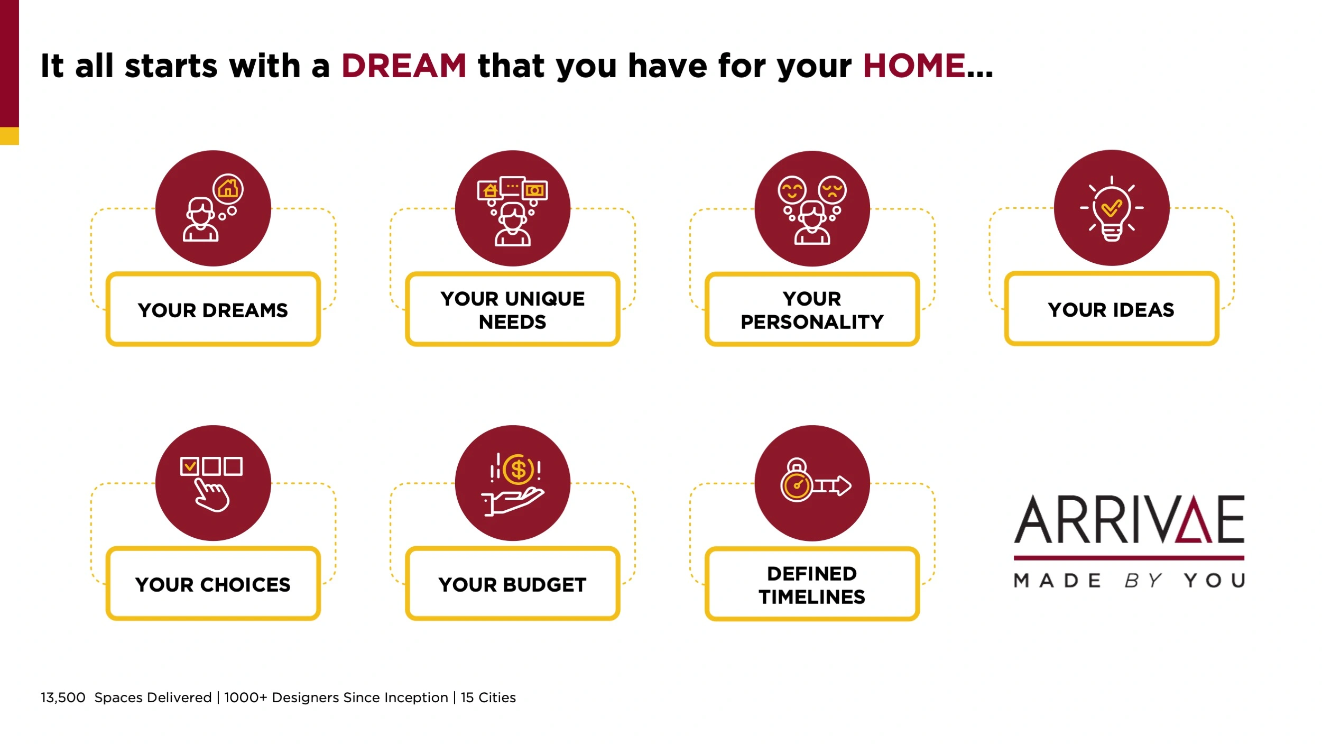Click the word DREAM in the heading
[x=404, y=66]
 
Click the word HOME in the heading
[x=914, y=66]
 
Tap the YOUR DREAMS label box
[x=213, y=309]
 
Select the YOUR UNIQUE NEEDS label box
[x=512, y=309]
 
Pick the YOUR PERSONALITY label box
[x=812, y=309]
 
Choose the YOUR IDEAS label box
[x=1112, y=309]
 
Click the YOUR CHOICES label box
[x=213, y=584]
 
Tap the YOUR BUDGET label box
[x=512, y=584]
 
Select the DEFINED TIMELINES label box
[x=812, y=584]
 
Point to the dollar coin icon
[x=519, y=470]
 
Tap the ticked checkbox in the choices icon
[x=189, y=466]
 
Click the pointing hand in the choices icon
[x=211, y=495]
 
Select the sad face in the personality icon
[x=832, y=190]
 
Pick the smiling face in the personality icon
[x=792, y=190]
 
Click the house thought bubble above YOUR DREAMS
[x=228, y=189]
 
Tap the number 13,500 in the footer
[x=63, y=698]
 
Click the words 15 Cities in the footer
[x=488, y=698]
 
